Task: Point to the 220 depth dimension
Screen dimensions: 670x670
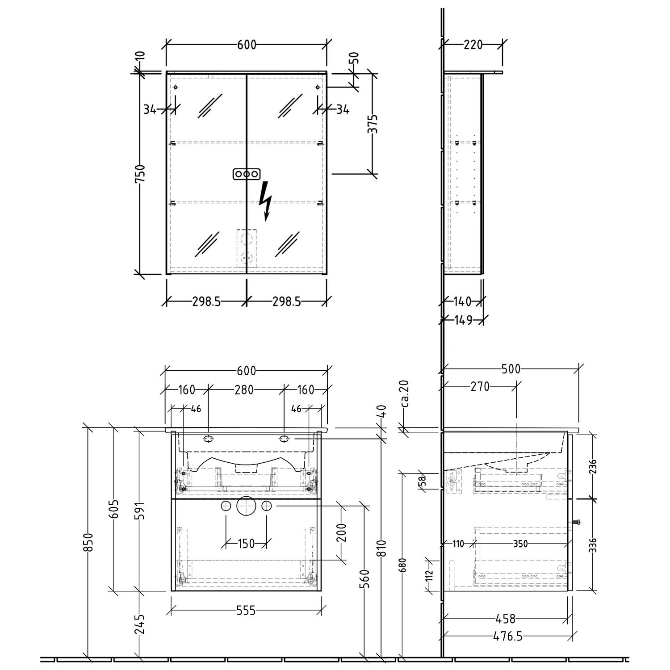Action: point(473,45)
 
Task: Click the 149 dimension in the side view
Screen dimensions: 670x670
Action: point(463,320)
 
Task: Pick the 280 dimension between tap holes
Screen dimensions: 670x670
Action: point(244,389)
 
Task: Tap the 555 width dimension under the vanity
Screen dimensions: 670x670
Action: point(246,610)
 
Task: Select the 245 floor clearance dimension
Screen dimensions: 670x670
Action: point(140,624)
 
